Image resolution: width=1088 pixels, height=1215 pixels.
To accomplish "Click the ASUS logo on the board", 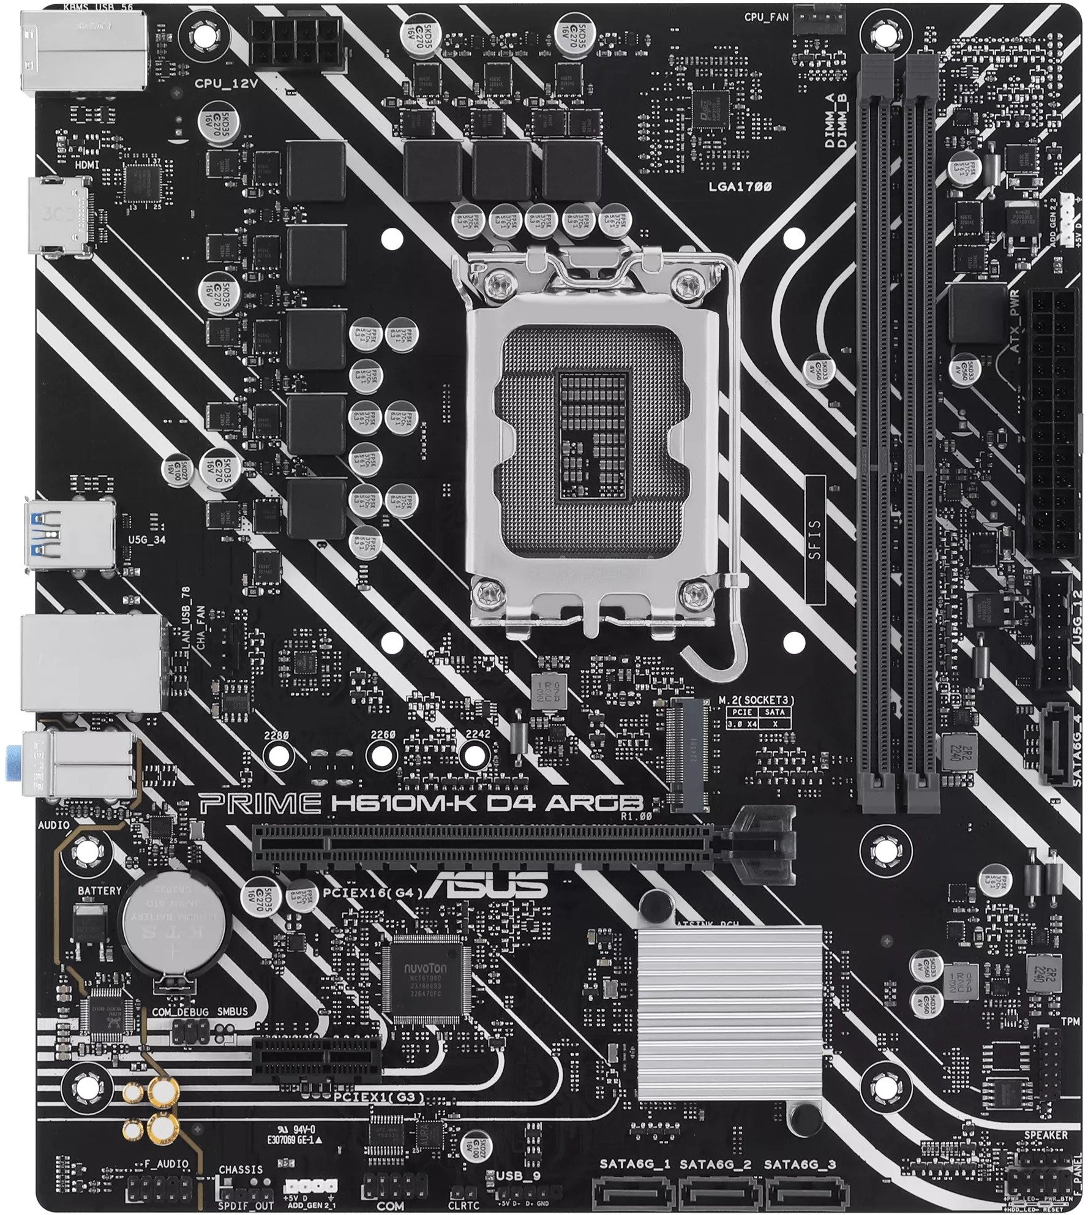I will (x=487, y=882).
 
